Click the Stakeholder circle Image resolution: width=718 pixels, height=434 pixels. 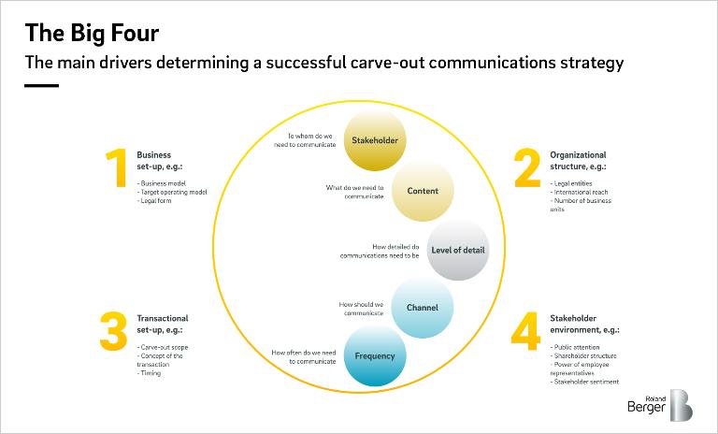point(375,140)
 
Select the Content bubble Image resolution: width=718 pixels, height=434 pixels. point(423,191)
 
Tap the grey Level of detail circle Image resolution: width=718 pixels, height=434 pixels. point(458,250)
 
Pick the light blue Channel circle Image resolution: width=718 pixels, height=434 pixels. point(423,308)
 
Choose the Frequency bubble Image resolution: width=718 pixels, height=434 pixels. point(375,355)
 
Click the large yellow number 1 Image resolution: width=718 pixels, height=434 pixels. point(117,167)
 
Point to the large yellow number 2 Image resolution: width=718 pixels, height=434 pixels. point(527,167)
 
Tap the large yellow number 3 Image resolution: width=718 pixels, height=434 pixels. point(113,331)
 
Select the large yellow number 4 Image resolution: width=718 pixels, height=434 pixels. point(525,331)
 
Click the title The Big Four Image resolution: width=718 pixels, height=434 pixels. point(92,33)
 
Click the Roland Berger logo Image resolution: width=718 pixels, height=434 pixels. point(660,405)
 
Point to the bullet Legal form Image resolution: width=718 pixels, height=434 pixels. point(154,201)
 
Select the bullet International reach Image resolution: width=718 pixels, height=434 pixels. point(580,192)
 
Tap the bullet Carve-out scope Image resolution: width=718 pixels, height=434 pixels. point(163,347)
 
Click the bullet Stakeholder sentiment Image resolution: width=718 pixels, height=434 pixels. point(584,382)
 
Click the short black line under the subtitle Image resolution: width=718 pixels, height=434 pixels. point(42,85)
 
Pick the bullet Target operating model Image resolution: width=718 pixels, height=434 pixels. point(172,192)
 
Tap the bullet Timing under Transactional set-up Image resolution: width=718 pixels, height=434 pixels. point(150,373)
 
